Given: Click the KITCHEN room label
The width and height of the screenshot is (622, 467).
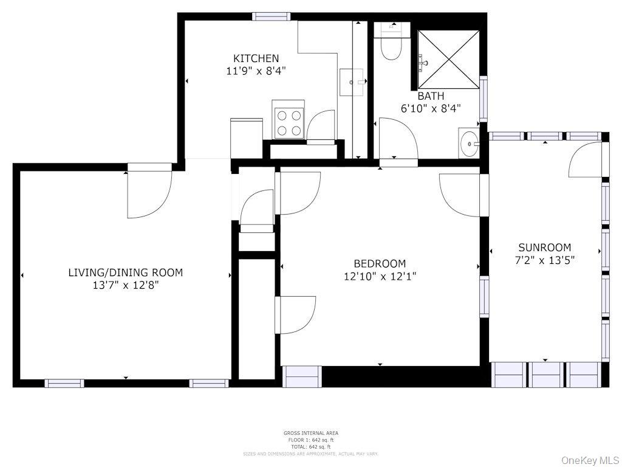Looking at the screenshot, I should tap(256, 58).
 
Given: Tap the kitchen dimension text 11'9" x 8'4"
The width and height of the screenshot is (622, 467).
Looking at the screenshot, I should tap(256, 71).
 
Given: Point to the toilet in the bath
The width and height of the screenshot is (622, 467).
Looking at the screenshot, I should tap(391, 43).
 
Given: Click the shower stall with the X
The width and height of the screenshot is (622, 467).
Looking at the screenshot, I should tap(449, 60).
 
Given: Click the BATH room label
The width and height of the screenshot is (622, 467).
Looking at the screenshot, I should tap(431, 96).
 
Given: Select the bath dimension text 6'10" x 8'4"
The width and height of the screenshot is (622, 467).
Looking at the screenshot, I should tap(431, 109).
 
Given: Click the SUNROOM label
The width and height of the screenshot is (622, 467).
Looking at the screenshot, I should tap(544, 247).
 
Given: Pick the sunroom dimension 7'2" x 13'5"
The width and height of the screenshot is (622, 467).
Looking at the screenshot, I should tap(544, 260).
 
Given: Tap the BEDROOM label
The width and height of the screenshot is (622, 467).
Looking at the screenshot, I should tap(380, 263).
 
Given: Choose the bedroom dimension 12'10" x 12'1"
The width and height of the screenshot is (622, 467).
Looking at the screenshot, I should tap(380, 276).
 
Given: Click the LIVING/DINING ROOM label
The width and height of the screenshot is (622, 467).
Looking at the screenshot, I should tap(125, 272).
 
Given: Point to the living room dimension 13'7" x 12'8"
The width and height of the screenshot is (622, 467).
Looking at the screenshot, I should tap(125, 285).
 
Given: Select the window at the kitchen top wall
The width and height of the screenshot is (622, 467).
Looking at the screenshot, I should tap(271, 16).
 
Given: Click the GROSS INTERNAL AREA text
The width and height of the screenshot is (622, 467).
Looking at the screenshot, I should tap(310, 433).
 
